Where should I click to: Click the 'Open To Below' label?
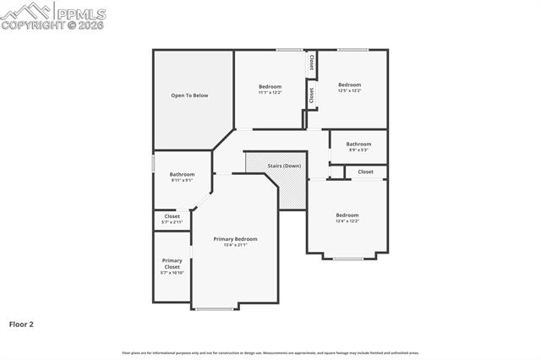click(x=189, y=95)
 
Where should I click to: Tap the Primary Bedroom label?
click(x=235, y=239)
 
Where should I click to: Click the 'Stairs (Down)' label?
click(x=284, y=166)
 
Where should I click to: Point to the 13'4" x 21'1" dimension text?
click(x=235, y=245)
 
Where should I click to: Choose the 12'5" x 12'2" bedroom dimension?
click(x=350, y=90)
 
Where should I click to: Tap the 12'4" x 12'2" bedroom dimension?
click(x=347, y=221)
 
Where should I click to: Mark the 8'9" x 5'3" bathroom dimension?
click(x=358, y=150)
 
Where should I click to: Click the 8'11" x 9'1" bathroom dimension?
click(x=182, y=180)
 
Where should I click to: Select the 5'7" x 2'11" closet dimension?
click(x=172, y=221)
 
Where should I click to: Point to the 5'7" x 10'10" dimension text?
click(x=172, y=273)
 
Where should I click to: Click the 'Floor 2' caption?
click(x=21, y=324)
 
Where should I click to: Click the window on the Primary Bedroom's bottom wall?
click(x=216, y=309)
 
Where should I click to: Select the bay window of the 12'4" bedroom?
click(x=347, y=259)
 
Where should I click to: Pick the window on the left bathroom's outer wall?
click(x=153, y=162)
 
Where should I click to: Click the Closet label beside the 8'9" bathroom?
click(x=365, y=172)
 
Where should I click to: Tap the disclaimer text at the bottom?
click(x=270, y=352)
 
